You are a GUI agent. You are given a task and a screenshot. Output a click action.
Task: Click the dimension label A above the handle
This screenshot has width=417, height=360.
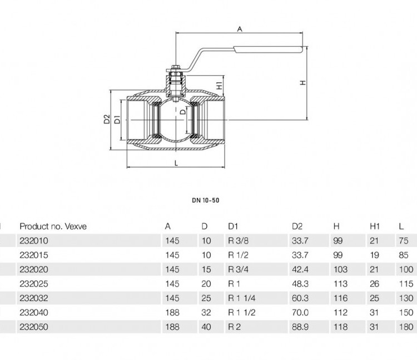[x=240, y=29]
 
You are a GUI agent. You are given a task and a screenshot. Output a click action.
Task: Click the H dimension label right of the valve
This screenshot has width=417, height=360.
[x=303, y=83]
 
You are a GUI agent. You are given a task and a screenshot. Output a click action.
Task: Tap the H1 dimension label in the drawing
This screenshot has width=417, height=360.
[x=219, y=86]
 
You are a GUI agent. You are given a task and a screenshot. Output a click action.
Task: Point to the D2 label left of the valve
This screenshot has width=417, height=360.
[x=107, y=119]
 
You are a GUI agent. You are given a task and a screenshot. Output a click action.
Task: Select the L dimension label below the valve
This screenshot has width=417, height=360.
[x=176, y=163]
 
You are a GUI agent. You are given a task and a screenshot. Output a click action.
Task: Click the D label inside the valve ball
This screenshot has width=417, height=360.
[x=183, y=112]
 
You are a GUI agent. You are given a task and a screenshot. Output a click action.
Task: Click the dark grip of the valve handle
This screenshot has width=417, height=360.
[x=268, y=50]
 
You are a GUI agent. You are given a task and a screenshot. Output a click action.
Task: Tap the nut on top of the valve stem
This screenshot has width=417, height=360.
[x=175, y=67]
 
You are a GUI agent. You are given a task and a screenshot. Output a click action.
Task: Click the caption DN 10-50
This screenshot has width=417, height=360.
[x=206, y=200]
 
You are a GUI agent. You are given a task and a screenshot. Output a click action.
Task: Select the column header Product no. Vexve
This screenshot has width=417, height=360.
[x=53, y=226]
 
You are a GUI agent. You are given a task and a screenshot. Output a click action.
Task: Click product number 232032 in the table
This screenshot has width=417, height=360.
[x=34, y=298]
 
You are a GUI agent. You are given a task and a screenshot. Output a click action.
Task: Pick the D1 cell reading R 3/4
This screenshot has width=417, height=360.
[x=239, y=269]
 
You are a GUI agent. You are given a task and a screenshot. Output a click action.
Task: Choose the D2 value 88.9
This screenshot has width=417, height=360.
[x=300, y=327]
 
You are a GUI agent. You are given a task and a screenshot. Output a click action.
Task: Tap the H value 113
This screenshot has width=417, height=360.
[x=340, y=284]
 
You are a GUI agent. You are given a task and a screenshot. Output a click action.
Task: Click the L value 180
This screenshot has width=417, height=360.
[x=406, y=327]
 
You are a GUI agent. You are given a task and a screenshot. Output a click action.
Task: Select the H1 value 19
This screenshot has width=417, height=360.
[x=374, y=255]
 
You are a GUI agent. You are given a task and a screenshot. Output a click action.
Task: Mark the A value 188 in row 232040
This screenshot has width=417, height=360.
[x=172, y=312]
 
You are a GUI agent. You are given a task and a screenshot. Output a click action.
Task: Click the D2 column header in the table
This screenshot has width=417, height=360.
[x=297, y=226]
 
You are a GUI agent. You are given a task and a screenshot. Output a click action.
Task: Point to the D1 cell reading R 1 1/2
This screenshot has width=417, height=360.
[x=242, y=312]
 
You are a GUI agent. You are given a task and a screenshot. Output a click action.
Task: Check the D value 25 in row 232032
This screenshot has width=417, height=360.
[x=206, y=298]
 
